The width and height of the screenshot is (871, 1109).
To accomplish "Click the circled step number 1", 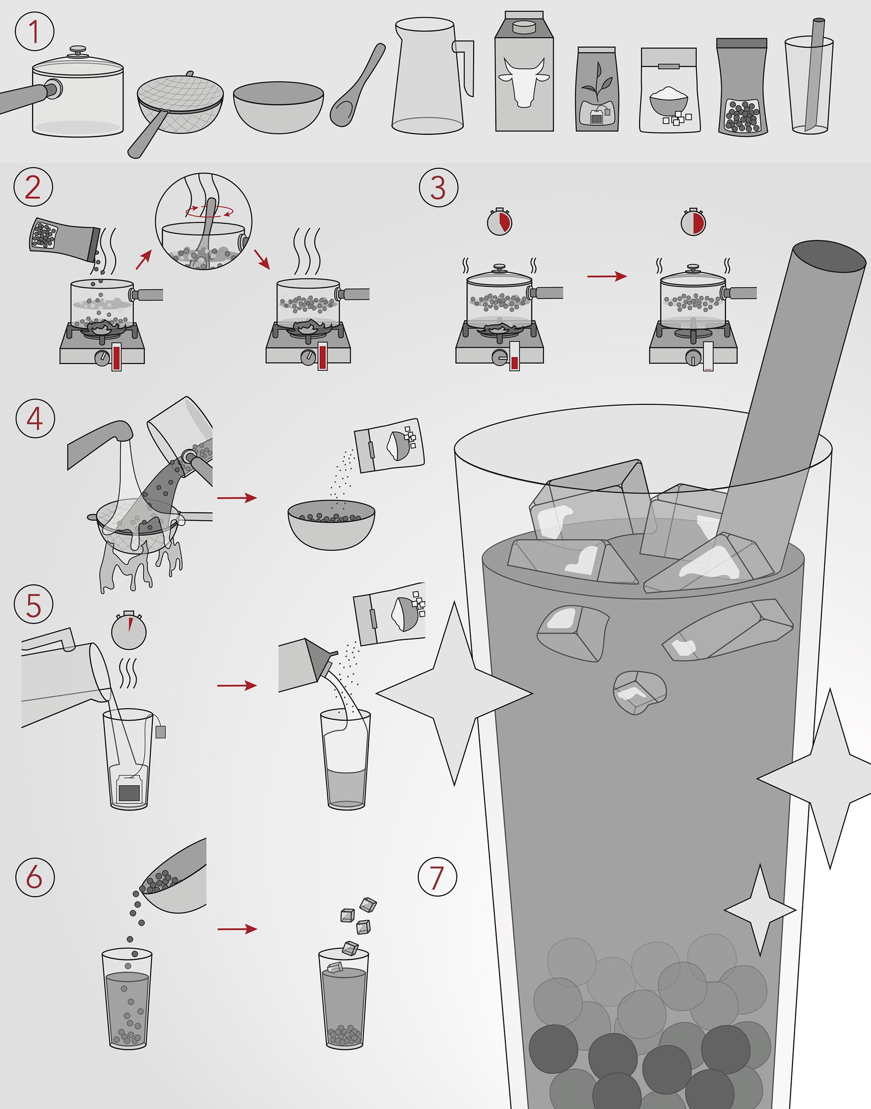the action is tap(34, 31).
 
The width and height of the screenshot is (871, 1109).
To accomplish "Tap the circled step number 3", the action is tap(438, 187).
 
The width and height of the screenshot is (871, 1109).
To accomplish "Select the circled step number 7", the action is tap(437, 877).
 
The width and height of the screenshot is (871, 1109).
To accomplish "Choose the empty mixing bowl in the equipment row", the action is tap(279, 108).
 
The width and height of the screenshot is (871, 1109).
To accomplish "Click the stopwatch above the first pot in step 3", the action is tap(499, 222).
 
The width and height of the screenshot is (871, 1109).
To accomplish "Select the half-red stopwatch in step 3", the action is tap(693, 222).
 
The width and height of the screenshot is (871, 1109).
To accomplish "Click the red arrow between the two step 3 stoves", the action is tap(607, 276).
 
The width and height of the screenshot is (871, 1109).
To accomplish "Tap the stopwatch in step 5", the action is tap(129, 631).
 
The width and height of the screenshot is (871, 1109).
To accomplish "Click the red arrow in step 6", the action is tap(237, 929).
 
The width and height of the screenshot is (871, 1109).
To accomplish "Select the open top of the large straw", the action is tap(829, 256).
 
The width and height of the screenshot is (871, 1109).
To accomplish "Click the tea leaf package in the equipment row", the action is tap(597, 89).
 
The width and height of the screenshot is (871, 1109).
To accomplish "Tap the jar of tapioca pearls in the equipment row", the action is tap(742, 87).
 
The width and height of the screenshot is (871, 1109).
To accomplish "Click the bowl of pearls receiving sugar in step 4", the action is tap(332, 525).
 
